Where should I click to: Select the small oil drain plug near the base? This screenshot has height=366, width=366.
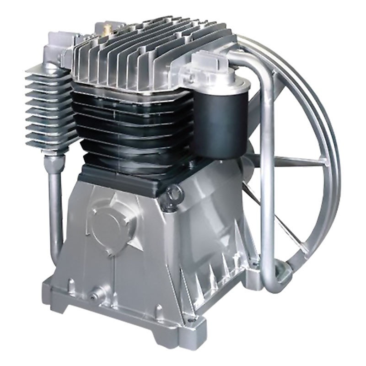[x=97, y=291]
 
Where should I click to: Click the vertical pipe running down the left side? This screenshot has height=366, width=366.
[x=54, y=206]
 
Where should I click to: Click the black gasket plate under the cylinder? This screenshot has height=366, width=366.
[x=124, y=176]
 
